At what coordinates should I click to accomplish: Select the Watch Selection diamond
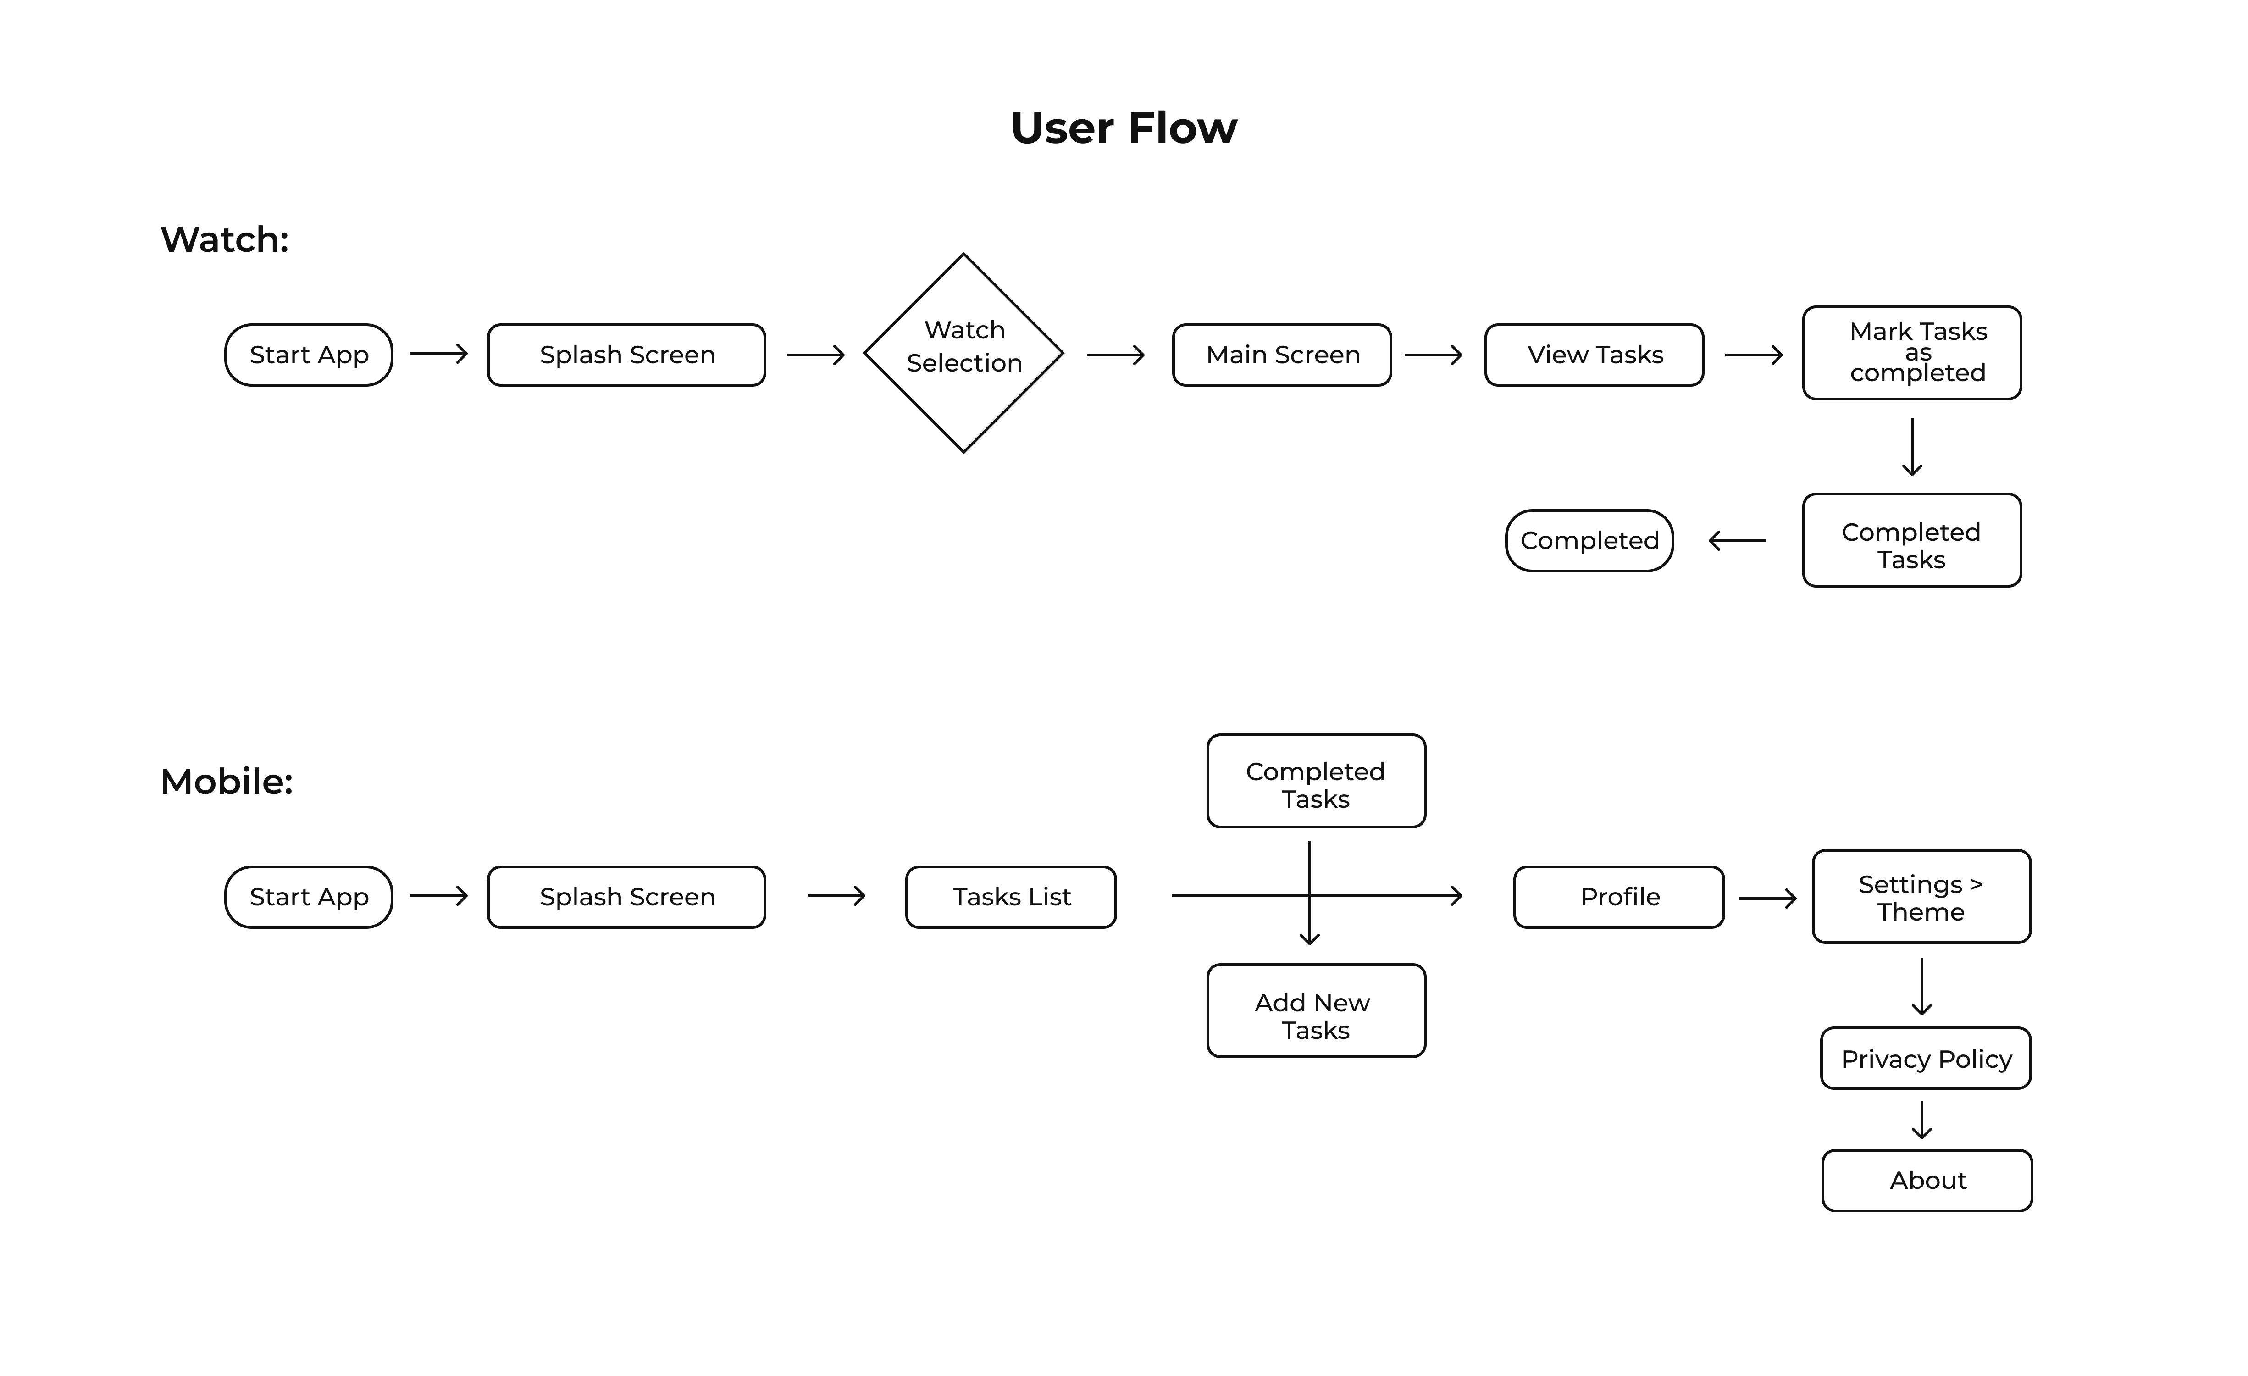963,353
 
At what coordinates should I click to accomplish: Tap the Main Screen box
1282,355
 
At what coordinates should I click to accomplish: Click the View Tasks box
1594,355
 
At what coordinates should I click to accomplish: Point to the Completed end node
1589,541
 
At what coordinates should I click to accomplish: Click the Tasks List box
1011,897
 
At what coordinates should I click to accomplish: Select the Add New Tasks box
1316,1011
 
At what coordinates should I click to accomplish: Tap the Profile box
1619,897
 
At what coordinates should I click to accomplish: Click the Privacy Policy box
1926,1059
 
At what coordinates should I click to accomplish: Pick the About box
1927,1181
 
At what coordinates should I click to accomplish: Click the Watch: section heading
224,240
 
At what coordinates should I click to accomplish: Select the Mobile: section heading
226,782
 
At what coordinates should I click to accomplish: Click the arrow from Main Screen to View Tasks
1433,355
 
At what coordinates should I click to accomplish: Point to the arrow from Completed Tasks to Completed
1737,541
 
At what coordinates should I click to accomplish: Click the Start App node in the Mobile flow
308,897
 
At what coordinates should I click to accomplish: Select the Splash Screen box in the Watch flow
627,355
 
